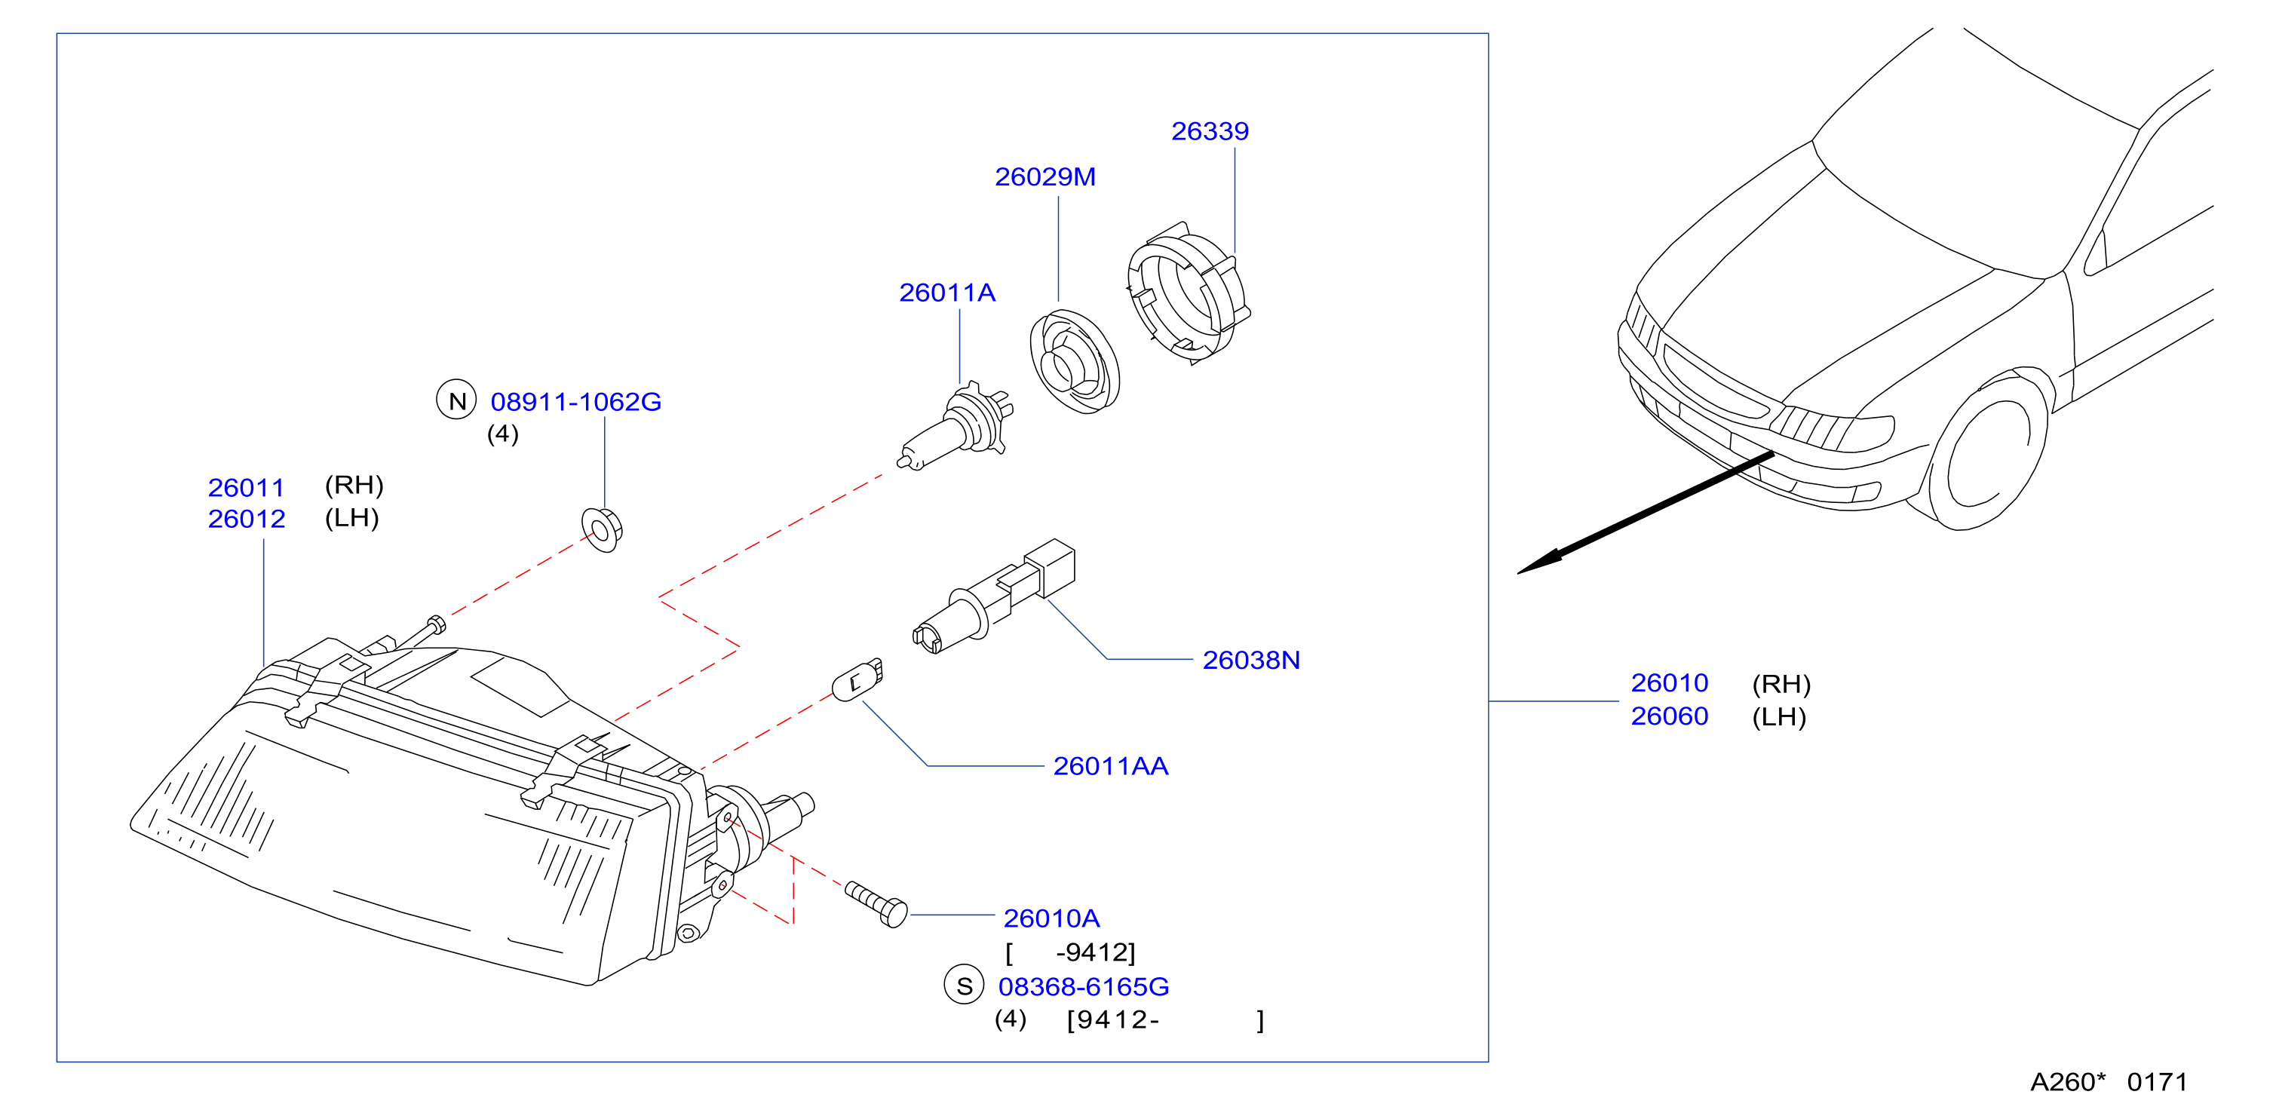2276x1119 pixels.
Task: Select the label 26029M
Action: [1045, 176]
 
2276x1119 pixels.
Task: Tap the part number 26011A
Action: [947, 293]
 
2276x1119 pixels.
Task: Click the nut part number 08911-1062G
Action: [576, 402]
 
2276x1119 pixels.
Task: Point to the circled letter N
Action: [457, 401]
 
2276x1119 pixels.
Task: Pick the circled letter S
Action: [964, 986]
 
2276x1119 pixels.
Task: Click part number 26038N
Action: [1251, 660]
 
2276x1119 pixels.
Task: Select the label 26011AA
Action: [1111, 765]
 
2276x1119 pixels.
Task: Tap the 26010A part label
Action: [1051, 918]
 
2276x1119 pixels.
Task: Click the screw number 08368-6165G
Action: [1084, 986]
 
